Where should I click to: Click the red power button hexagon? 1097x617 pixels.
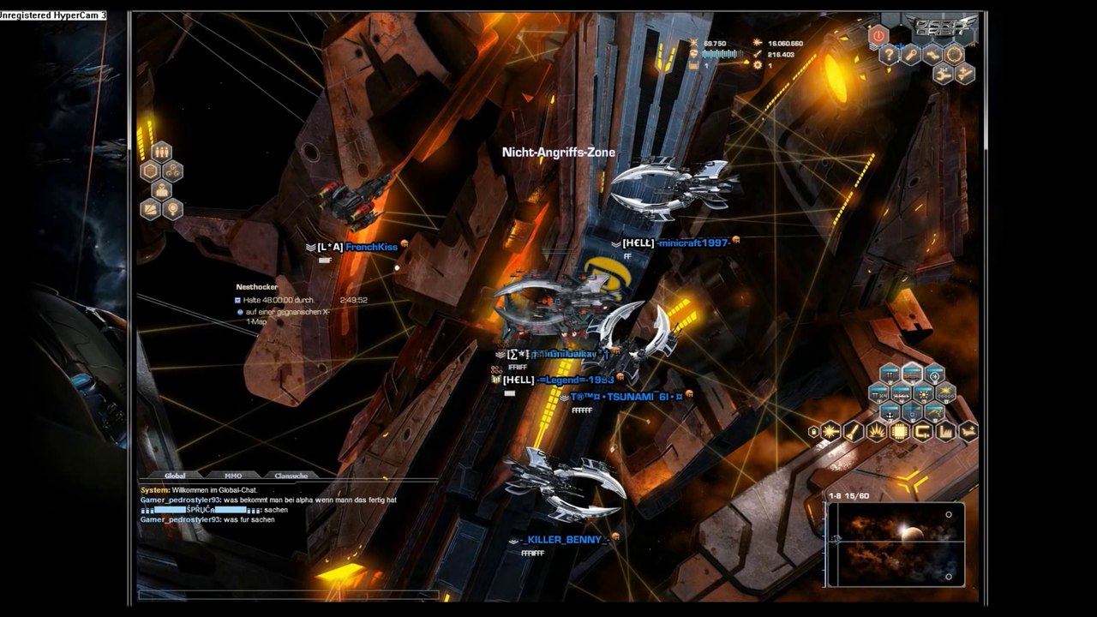[x=878, y=36]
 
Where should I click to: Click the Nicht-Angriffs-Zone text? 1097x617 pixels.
[x=558, y=153]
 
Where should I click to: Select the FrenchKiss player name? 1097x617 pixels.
[x=371, y=247]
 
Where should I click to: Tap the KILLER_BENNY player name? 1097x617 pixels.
[x=566, y=539]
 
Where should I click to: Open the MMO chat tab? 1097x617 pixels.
[x=233, y=476]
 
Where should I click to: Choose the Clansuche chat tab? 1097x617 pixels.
[x=291, y=476]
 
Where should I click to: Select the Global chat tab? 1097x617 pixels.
[x=175, y=476]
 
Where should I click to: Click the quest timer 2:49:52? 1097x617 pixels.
[x=353, y=300]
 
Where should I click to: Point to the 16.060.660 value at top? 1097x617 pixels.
[x=785, y=44]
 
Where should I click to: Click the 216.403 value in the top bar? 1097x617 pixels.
[x=781, y=55]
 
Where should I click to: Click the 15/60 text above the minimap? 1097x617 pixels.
[x=857, y=496]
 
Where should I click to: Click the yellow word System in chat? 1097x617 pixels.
[x=154, y=489]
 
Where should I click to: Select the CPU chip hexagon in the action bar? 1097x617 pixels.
[x=899, y=432]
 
